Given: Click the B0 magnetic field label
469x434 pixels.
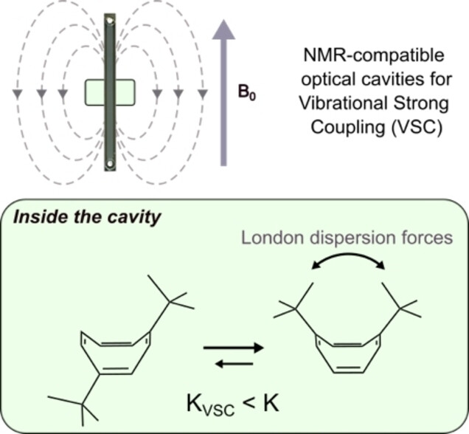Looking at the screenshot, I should coord(250,95).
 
